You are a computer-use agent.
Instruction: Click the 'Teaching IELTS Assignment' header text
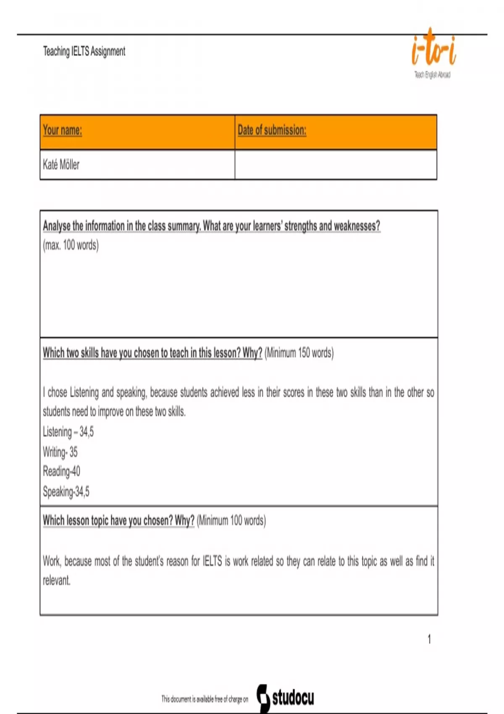(x=84, y=51)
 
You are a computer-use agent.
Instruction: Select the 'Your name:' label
(x=62, y=130)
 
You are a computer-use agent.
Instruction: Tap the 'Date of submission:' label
(x=272, y=130)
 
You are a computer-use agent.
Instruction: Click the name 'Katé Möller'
(x=61, y=164)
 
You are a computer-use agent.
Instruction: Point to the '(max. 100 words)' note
(x=71, y=245)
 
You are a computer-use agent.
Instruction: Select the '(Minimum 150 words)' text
(x=299, y=353)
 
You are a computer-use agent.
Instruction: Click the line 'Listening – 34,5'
(x=68, y=432)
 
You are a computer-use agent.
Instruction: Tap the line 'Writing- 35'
(x=60, y=452)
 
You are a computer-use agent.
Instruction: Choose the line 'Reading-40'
(x=61, y=471)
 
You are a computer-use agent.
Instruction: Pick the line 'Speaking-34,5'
(x=66, y=491)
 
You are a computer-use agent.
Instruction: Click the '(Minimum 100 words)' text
(x=231, y=521)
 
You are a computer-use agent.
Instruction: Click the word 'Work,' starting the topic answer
(x=52, y=561)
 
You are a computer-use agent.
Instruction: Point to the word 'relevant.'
(x=57, y=581)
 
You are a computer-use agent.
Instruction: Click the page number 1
(x=429, y=639)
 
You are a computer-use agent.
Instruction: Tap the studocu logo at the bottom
(x=286, y=698)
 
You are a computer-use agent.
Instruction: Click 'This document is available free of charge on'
(x=205, y=699)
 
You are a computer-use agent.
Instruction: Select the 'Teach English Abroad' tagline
(x=432, y=75)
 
